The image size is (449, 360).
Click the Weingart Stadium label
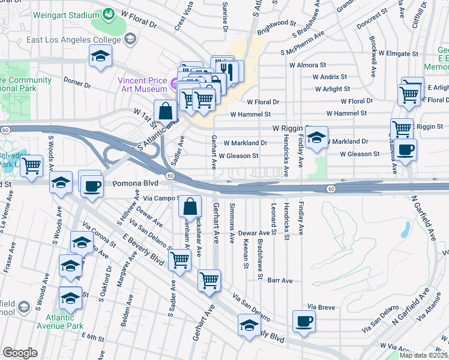65,13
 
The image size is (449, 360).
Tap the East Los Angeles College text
74,40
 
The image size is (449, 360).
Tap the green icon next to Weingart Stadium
109,13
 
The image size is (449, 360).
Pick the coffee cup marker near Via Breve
304,321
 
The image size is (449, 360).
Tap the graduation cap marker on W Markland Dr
316,137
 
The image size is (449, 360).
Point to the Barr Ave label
280,280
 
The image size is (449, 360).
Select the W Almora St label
307,64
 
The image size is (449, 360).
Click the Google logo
20,353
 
